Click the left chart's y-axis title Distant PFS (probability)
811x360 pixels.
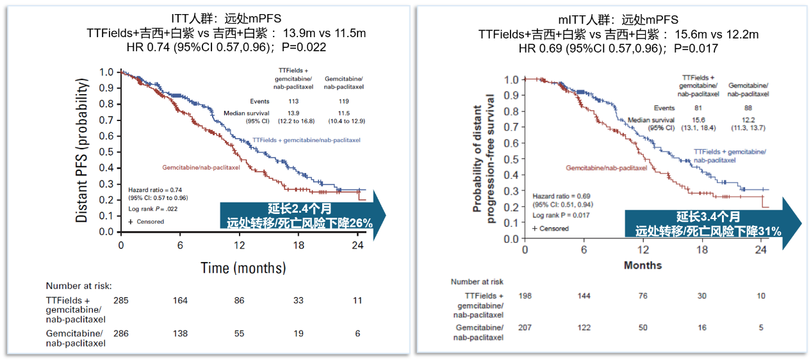(82, 151)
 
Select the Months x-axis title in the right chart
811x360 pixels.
(643, 265)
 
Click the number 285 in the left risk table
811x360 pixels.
(121, 300)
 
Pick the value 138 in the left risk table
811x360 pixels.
(181, 333)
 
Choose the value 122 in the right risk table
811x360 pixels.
(584, 327)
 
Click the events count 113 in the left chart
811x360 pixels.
(293, 101)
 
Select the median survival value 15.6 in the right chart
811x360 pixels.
(698, 120)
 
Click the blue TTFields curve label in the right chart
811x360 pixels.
(730, 156)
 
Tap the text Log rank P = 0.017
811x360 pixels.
(560, 215)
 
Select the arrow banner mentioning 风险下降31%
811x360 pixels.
(707, 224)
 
